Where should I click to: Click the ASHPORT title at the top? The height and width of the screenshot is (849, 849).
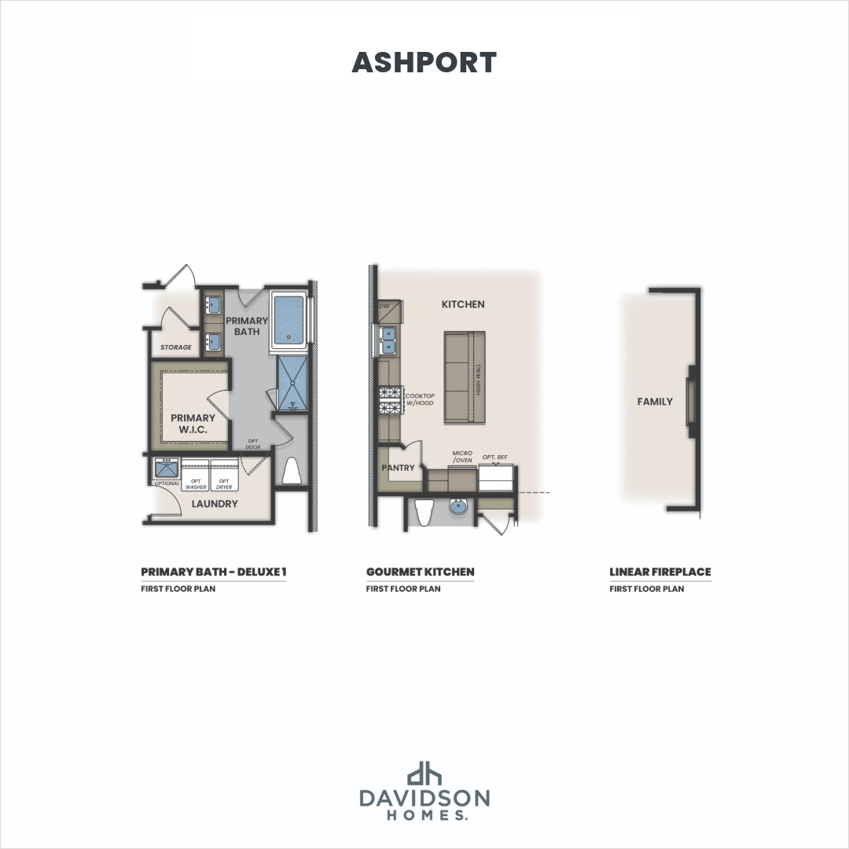(424, 63)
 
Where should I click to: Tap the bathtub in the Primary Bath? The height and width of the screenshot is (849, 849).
(289, 322)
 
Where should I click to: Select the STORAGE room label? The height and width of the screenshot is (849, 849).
(176, 347)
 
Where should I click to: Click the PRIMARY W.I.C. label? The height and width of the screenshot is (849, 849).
(193, 423)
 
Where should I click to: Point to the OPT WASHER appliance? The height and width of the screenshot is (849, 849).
(196, 480)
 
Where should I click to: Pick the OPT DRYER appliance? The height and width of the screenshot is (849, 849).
(224, 480)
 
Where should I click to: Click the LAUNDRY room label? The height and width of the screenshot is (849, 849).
(215, 504)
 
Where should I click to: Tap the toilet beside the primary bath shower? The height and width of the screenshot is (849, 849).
(291, 472)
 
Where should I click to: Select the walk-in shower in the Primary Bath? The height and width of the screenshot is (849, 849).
(292, 383)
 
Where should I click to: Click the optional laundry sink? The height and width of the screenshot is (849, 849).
(167, 470)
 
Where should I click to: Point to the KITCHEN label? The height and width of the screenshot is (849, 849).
(463, 304)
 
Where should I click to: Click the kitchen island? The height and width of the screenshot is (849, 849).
(464, 378)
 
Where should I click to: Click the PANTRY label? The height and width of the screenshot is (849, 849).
(399, 469)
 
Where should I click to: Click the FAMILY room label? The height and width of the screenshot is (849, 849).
(655, 402)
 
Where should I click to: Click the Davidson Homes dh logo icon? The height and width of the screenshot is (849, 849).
(424, 774)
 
